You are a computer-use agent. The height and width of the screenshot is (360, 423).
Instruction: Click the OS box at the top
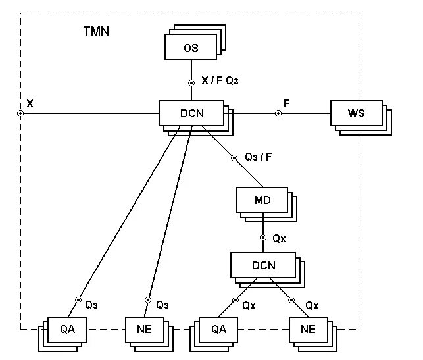pos(191,48)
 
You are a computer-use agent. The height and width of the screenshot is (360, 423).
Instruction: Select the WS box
pos(356,113)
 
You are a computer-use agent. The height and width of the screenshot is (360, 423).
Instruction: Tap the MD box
pos(262,200)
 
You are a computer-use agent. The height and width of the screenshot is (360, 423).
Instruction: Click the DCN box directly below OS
pos(191,113)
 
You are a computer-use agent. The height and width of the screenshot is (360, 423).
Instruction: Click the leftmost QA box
pos(67,329)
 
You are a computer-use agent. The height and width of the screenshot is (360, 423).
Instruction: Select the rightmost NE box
pos(307,329)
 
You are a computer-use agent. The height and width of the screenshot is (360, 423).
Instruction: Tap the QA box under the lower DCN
pos(218,329)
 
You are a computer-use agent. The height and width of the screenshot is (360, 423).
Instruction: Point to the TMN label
pos(97,32)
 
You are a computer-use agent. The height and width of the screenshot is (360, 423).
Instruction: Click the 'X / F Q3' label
pos(220,81)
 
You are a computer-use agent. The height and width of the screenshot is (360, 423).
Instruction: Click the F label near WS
pos(286,103)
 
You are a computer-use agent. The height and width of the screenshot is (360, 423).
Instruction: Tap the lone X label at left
pos(30,103)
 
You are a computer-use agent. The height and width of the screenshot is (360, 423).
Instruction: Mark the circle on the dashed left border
pos(21,113)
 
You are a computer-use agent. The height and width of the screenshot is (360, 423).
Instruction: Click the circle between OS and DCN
pos(191,83)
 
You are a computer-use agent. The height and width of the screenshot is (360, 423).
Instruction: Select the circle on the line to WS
pos(278,113)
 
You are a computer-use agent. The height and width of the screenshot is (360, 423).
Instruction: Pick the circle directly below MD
pos(262,238)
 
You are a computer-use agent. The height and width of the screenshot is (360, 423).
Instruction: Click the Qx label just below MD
pos(279,238)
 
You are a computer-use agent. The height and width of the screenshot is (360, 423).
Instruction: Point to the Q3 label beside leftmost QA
pos(91,305)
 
